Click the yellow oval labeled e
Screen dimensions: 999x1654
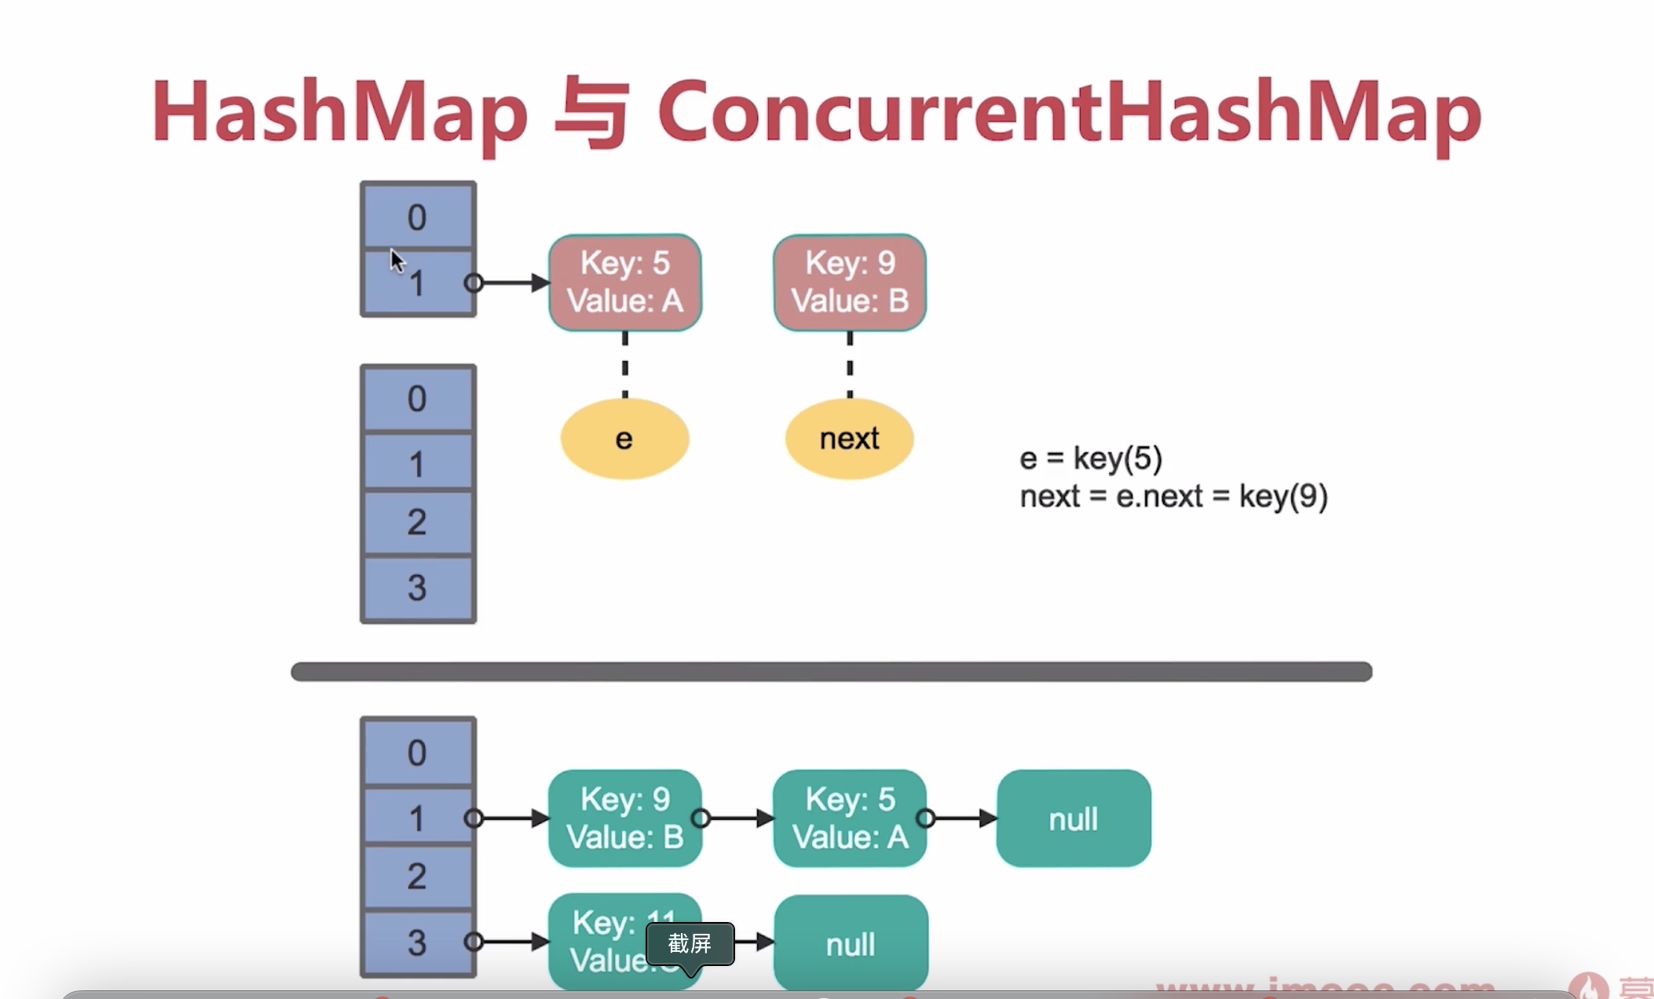point(624,438)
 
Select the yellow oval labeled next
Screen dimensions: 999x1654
point(849,438)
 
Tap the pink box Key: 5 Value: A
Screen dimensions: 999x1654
point(624,282)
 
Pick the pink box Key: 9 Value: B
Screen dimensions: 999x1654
point(849,282)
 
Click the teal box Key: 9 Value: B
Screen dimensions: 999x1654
point(624,818)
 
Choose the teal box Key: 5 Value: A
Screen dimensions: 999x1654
point(849,818)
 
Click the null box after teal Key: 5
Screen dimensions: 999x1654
point(1073,818)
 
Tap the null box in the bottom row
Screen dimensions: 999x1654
point(851,943)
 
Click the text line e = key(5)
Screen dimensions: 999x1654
point(1091,458)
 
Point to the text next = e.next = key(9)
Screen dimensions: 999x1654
point(1173,496)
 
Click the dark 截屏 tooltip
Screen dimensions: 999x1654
point(690,943)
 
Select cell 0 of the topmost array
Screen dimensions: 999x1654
point(418,216)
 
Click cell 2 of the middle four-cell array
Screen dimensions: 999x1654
point(418,522)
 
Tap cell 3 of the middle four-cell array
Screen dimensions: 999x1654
point(418,588)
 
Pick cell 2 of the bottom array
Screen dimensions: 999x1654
point(418,876)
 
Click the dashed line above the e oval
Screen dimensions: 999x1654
point(624,366)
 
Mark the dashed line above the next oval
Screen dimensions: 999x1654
point(849,366)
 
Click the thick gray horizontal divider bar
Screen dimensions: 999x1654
point(831,671)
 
